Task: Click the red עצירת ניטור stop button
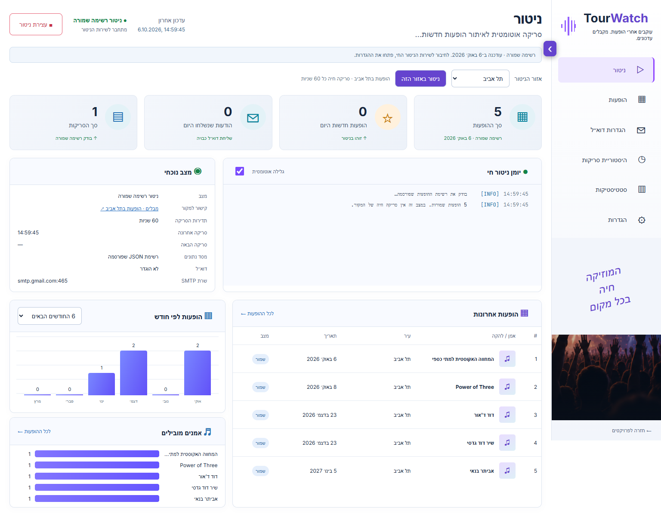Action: [x=36, y=25]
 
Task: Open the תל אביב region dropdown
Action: [x=480, y=79]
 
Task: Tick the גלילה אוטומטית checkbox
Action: [x=240, y=172]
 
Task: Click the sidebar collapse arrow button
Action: [x=550, y=49]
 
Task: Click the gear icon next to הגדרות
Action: [x=642, y=220]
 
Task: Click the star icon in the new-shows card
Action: [x=388, y=118]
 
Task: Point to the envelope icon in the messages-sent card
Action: [x=253, y=118]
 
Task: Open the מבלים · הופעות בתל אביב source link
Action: [x=129, y=209]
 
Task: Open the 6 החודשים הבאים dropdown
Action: [x=49, y=316]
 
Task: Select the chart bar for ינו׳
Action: [x=102, y=384]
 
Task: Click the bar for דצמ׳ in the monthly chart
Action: [x=133, y=373]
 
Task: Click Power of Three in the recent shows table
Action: [x=475, y=387]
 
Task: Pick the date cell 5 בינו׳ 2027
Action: [x=323, y=471]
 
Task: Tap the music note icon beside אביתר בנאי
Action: [x=507, y=471]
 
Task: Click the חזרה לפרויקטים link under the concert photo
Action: [x=631, y=431]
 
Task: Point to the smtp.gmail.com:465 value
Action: [x=43, y=281]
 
